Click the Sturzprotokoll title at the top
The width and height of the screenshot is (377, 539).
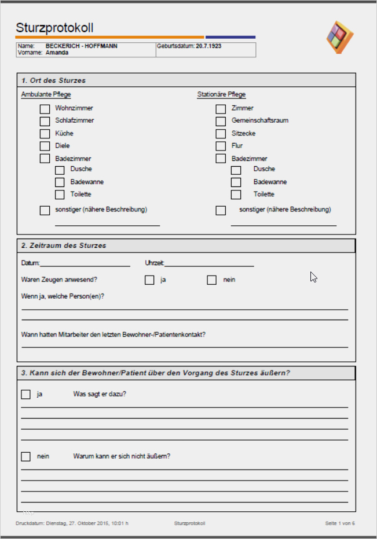click(54, 28)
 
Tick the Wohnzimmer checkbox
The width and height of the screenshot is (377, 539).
click(45, 108)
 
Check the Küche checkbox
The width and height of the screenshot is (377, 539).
click(45, 134)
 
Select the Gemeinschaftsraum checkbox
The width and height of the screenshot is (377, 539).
click(221, 121)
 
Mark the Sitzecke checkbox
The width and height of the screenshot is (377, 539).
click(221, 134)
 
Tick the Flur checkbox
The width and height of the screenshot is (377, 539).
click(221, 146)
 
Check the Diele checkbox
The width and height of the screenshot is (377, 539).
click(45, 146)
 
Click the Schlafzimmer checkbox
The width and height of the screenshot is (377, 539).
click(45, 121)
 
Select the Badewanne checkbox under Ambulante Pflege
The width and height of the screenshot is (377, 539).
click(60, 182)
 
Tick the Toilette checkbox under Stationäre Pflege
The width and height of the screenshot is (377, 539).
click(236, 195)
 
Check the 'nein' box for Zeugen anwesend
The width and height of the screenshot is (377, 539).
click(212, 280)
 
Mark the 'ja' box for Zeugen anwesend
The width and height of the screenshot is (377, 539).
click(149, 280)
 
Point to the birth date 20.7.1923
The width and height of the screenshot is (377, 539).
click(209, 45)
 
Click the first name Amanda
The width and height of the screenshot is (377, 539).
click(57, 52)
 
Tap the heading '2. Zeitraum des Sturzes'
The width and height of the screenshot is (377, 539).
click(64, 246)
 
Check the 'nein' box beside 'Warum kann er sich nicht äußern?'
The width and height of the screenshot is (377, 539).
click(25, 457)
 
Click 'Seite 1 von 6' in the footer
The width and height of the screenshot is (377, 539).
click(339, 523)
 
